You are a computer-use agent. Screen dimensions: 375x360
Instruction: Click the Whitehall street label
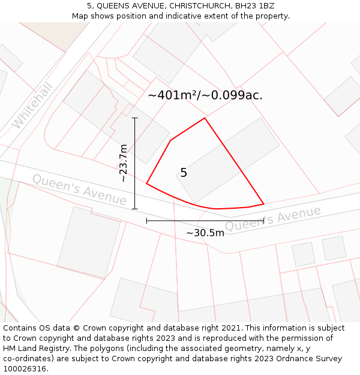click(x=33, y=106)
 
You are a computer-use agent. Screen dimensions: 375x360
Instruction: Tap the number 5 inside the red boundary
click(x=184, y=173)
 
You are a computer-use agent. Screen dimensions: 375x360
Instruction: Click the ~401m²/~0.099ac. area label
click(x=205, y=95)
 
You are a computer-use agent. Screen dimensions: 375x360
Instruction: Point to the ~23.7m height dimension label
click(x=123, y=163)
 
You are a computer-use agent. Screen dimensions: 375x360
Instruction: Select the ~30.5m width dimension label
click(x=205, y=233)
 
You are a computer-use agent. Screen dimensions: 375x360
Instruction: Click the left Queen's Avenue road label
click(x=79, y=189)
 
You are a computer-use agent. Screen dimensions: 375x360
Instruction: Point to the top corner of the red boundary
click(x=205, y=118)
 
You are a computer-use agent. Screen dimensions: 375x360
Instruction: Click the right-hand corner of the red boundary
click(x=264, y=204)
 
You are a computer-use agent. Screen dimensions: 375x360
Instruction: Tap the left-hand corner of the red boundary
click(x=146, y=184)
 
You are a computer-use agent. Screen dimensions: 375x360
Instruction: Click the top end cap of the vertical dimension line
click(x=134, y=118)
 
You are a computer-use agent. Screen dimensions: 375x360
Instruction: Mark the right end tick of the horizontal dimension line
click(x=264, y=221)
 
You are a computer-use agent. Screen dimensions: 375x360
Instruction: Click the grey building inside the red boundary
click(x=228, y=160)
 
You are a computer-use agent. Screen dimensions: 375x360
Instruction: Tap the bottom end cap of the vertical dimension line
click(x=134, y=209)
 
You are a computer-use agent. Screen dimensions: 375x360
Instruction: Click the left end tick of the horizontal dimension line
click(x=146, y=221)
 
